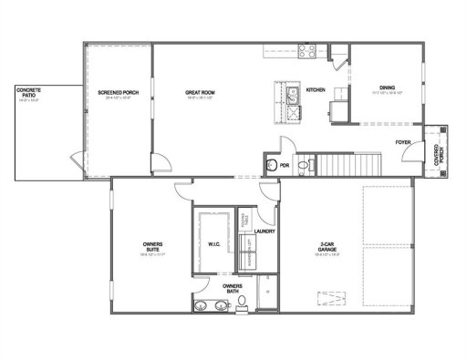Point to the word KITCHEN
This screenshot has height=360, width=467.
coord(316,90)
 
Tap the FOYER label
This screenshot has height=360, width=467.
coord(402,143)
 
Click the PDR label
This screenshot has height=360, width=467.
coord(285,165)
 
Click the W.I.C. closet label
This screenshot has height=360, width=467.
coord(213,243)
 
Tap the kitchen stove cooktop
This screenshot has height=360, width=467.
coord(307,51)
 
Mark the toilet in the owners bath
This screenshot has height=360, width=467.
coord(241,302)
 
